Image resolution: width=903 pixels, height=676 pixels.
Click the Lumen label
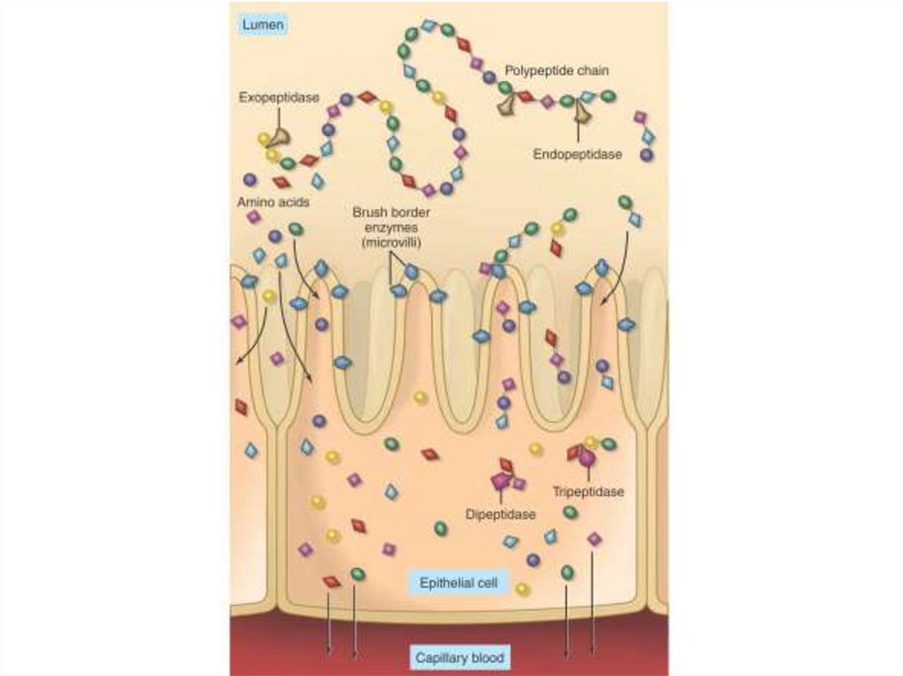click(x=263, y=26)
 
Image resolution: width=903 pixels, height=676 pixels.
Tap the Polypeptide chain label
click(x=556, y=70)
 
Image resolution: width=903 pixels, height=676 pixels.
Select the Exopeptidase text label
click(x=279, y=98)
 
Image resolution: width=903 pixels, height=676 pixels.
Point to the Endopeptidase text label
click(x=578, y=154)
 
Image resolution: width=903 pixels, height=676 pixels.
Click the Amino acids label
click(x=272, y=202)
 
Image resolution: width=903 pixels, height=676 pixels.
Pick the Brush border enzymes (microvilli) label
click(x=388, y=227)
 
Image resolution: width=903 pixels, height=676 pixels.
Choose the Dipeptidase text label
click(x=499, y=514)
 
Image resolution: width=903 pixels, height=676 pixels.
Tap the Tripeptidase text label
click(x=588, y=492)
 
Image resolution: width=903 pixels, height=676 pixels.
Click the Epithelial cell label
click(x=459, y=583)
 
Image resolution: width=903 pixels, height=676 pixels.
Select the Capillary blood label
click(x=459, y=657)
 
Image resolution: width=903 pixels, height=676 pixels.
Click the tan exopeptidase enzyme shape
click(x=280, y=136)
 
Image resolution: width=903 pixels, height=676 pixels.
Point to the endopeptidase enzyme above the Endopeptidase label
click(x=580, y=109)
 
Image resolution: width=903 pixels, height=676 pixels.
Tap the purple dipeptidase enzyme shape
click(x=501, y=480)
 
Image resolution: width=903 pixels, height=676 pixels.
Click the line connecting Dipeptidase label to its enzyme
click(x=500, y=497)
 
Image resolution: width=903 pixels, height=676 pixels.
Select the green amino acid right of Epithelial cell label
click(x=567, y=573)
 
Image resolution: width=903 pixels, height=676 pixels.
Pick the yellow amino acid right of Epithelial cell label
click(x=523, y=588)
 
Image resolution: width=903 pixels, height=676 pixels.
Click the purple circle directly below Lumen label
click(x=250, y=179)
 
